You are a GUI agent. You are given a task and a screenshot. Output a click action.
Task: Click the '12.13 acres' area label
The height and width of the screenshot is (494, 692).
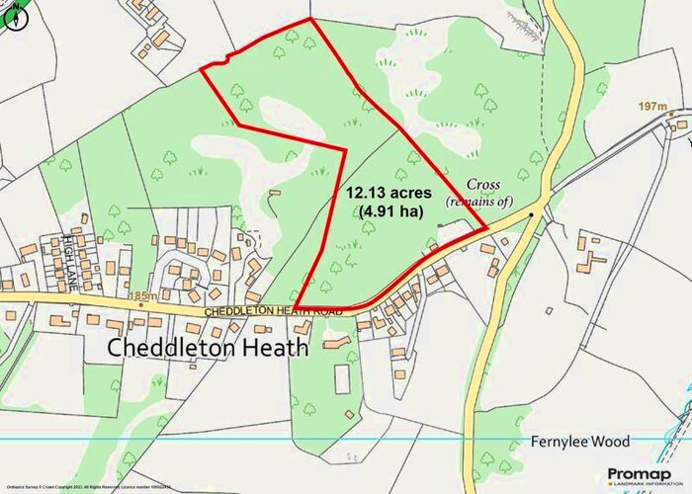[x=394, y=192]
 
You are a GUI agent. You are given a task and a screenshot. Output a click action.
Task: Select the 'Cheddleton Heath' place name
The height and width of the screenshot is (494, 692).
[x=207, y=348]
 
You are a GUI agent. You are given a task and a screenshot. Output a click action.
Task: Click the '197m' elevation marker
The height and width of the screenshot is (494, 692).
[x=653, y=106]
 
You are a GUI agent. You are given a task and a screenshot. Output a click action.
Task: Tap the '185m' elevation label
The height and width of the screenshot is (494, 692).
[x=142, y=294]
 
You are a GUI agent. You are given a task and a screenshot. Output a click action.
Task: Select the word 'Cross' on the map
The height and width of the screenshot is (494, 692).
[x=484, y=185]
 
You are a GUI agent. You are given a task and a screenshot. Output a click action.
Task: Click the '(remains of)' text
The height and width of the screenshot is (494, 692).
[x=480, y=201]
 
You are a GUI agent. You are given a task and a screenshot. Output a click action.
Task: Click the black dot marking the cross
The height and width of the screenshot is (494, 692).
[x=531, y=213]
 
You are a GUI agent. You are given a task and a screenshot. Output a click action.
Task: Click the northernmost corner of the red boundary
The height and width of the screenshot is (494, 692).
[x=310, y=19]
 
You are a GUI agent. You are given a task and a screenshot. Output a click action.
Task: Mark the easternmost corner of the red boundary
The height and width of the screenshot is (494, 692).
[x=487, y=229]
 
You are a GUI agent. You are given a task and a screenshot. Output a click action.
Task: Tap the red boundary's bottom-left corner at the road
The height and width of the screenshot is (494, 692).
[x=299, y=307]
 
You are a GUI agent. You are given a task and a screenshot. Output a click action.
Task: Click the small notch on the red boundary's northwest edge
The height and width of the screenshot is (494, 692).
[x=227, y=59]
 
